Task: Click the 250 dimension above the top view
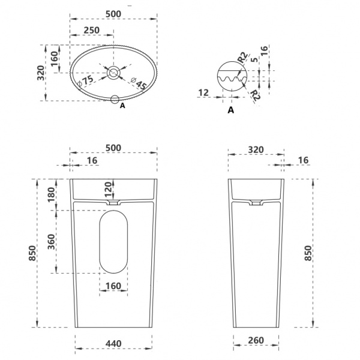[x=91, y=31]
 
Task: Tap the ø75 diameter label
[x=86, y=81]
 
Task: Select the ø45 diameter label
[x=139, y=83]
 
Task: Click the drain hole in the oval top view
[x=113, y=73]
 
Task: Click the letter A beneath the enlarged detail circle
[x=231, y=110]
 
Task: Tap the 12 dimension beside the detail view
[x=203, y=93]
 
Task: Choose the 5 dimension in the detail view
[x=254, y=59]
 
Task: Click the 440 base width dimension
[x=113, y=344]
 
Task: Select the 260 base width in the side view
[x=256, y=340]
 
